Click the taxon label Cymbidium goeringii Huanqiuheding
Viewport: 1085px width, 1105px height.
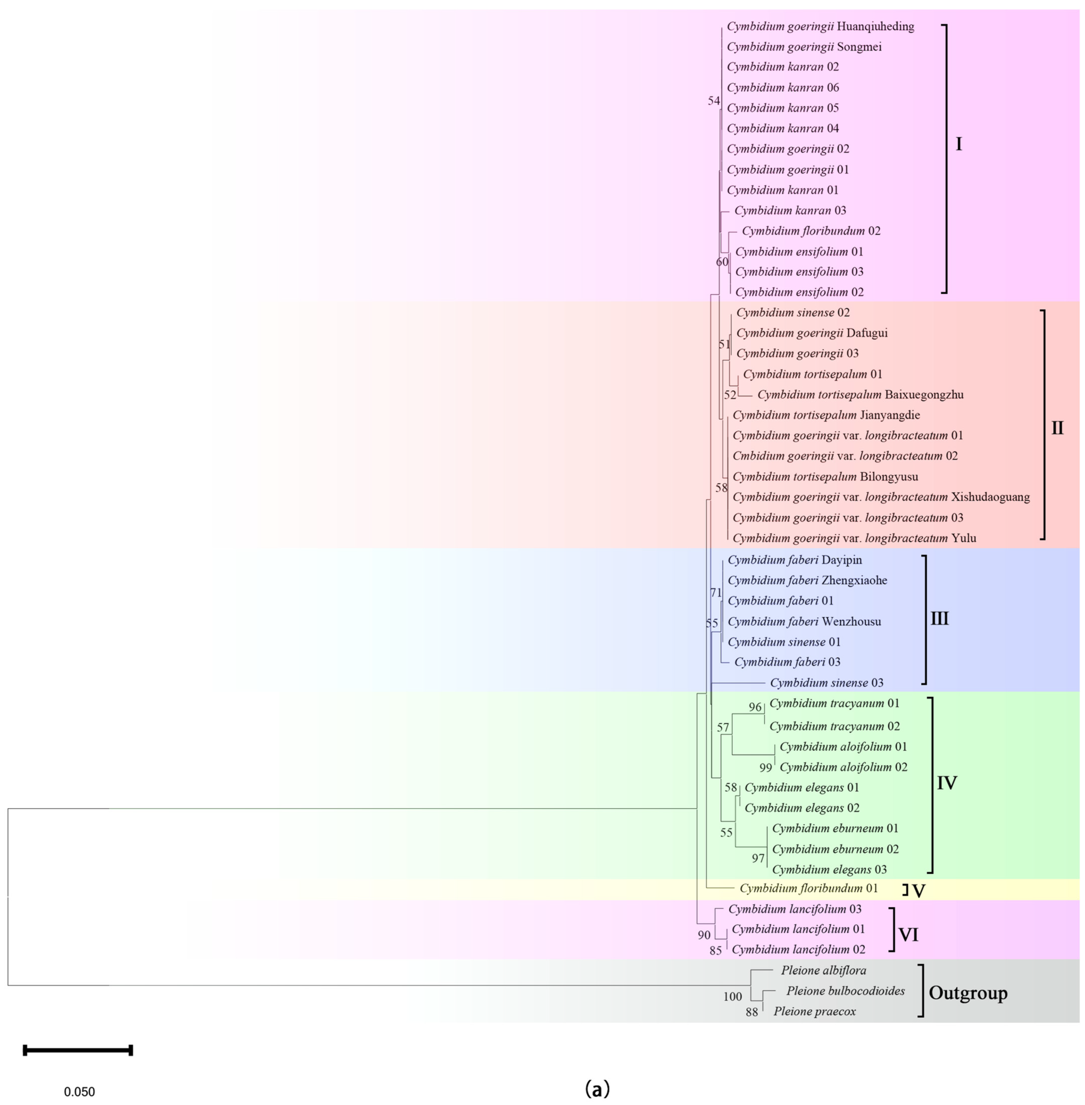[x=821, y=26]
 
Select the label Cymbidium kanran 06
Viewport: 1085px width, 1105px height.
[x=783, y=87]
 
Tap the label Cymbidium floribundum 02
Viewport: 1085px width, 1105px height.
[x=811, y=231]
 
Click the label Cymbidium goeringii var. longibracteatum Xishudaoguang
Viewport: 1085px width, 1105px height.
[x=881, y=497]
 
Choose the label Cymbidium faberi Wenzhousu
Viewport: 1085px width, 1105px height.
[x=804, y=621]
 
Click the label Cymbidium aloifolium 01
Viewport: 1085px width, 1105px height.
[x=843, y=747]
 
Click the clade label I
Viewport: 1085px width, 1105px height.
[x=958, y=145]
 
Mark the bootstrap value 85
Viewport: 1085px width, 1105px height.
[x=716, y=950]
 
